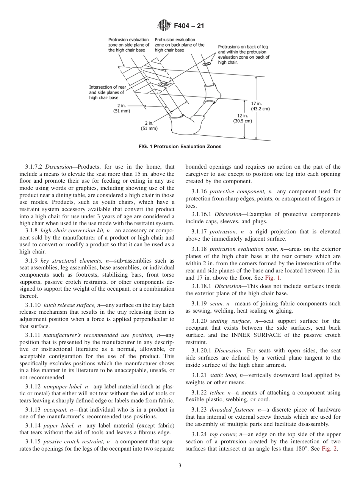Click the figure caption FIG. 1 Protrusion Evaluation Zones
[180, 146]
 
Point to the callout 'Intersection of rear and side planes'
[107, 92]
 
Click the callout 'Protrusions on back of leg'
[243, 55]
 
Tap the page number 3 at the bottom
[180, 466]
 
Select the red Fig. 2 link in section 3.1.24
[329, 449]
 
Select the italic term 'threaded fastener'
[232, 410]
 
